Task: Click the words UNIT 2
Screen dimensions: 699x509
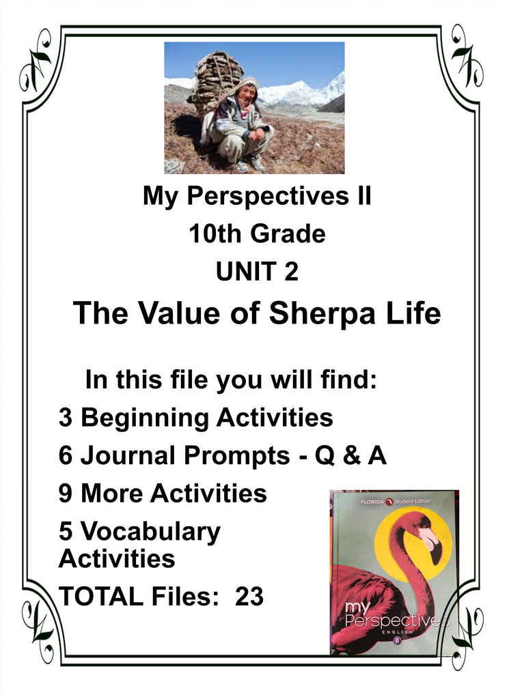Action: click(257, 272)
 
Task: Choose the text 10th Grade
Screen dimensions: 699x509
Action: click(257, 235)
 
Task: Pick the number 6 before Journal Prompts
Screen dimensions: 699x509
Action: click(66, 455)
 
